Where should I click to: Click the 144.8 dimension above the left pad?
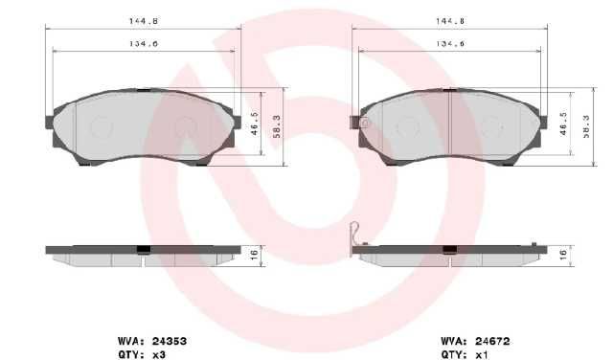144,21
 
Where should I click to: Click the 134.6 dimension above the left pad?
144,43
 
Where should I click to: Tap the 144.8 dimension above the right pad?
450,21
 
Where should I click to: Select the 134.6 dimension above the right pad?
450,43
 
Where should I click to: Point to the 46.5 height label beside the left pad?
255,124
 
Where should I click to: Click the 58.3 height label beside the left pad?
277,126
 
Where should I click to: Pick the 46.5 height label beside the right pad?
563,124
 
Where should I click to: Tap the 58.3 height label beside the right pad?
586,126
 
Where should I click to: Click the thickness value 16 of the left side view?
254,256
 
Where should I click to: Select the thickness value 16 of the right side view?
563,256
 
